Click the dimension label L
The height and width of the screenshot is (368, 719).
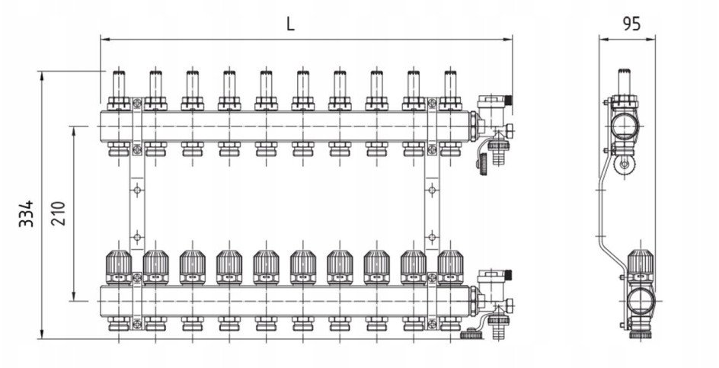[x=289, y=24]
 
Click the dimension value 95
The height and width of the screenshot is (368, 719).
[x=631, y=24]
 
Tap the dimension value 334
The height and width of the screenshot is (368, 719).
[x=26, y=213]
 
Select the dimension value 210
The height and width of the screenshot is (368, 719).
[x=58, y=213]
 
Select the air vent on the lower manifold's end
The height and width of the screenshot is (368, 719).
[x=494, y=280]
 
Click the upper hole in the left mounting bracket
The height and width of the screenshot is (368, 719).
[x=136, y=190]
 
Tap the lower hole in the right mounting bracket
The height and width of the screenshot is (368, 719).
[x=432, y=238]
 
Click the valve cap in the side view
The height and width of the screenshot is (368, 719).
[x=640, y=267]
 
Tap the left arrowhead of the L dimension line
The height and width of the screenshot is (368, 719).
[x=104, y=40]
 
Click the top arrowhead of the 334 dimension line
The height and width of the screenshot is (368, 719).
[x=42, y=75]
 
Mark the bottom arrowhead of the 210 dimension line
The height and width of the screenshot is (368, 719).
[x=75, y=297]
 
